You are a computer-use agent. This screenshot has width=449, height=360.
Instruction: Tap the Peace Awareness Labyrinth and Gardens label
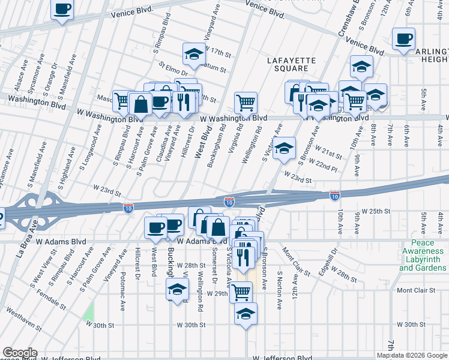click(x=423, y=255)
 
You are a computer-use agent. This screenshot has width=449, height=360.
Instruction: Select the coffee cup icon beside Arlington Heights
click(x=403, y=40)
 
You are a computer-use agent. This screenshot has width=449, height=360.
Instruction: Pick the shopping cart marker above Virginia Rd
click(x=246, y=103)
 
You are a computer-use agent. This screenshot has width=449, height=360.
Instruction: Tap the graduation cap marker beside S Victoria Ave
click(x=285, y=148)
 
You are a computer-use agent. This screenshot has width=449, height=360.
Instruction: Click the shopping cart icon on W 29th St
click(x=241, y=292)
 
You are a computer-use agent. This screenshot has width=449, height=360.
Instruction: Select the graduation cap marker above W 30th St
click(x=246, y=314)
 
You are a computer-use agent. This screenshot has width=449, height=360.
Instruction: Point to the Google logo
click(x=20, y=353)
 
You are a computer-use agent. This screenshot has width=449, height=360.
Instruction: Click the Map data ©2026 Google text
click(x=412, y=355)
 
